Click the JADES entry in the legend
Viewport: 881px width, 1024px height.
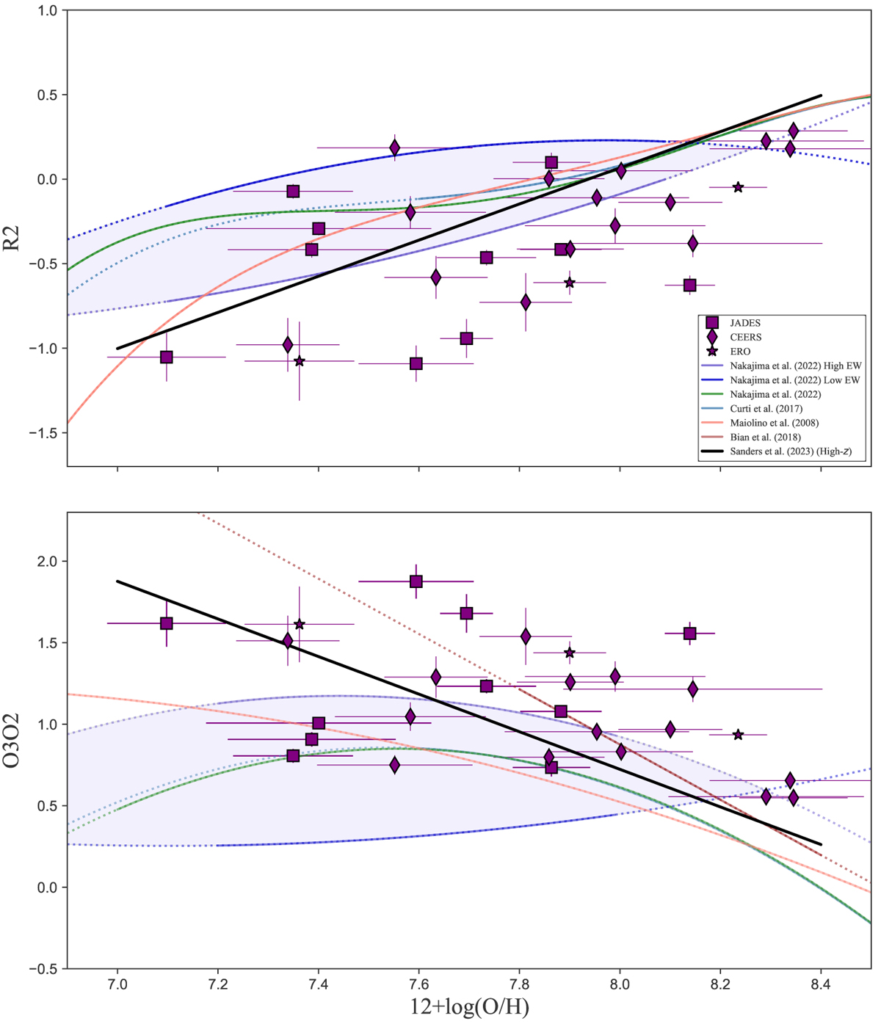click(x=745, y=322)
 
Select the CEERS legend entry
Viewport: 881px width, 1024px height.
click(x=745, y=337)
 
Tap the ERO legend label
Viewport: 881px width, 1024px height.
click(x=740, y=352)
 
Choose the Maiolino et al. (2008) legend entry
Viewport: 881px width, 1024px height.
click(x=774, y=423)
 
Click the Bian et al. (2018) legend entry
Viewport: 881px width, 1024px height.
click(x=765, y=437)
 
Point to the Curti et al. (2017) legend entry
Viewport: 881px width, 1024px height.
click(x=766, y=409)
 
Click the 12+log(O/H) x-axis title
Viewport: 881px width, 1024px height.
click(x=470, y=1008)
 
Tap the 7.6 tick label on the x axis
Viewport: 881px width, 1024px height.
click(x=418, y=983)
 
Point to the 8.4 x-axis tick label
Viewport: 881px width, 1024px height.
click(x=821, y=983)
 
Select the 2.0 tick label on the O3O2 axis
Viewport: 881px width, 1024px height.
click(x=51, y=562)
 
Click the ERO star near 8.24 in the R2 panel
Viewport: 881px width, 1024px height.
click(x=738, y=187)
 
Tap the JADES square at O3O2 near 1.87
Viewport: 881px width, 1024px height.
click(x=416, y=581)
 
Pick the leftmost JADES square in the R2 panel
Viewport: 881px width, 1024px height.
click(x=167, y=357)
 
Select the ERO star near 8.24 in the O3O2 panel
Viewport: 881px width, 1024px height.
click(x=739, y=735)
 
